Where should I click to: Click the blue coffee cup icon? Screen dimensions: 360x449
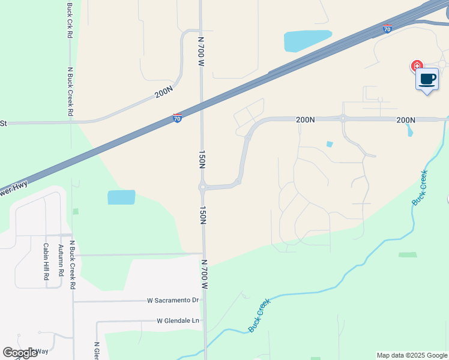pos(427,80)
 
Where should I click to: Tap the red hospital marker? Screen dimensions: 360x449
pos(416,66)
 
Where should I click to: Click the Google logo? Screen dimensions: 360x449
pos(20,353)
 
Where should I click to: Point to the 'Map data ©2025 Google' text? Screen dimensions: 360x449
pos(412,355)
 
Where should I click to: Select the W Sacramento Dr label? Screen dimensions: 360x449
pos(173,300)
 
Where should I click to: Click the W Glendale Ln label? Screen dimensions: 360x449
pos(178,321)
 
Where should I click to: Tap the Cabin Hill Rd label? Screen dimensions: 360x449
pos(46,262)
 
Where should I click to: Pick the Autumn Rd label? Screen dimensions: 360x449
pos(61,262)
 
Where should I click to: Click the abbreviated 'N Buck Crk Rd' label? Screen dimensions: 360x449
pos(70,21)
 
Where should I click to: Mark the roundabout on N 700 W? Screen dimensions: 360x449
pos(203,187)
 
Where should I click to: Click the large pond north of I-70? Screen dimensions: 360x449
pos(307,41)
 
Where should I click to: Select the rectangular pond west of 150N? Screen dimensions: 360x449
pos(121,197)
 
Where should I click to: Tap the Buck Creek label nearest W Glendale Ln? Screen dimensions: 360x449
pos(260,316)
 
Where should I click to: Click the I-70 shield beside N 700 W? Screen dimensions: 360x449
pos(177,118)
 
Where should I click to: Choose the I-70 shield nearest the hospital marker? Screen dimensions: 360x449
pos(387,29)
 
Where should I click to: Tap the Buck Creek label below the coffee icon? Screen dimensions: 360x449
pos(420,188)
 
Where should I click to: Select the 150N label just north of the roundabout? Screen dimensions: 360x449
pos(202,161)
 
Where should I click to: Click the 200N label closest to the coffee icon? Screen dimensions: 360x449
pos(406,120)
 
